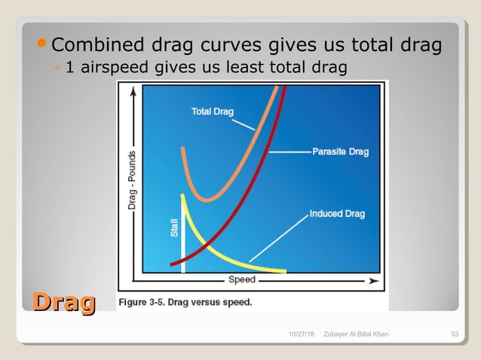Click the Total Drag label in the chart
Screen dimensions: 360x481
click(x=212, y=112)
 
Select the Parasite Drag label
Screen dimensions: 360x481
click(x=340, y=152)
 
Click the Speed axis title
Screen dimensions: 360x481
click(x=242, y=280)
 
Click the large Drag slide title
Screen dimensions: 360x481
click(x=63, y=303)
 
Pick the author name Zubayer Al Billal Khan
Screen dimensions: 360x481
click(x=355, y=334)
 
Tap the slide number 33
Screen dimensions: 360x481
click(x=455, y=334)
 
